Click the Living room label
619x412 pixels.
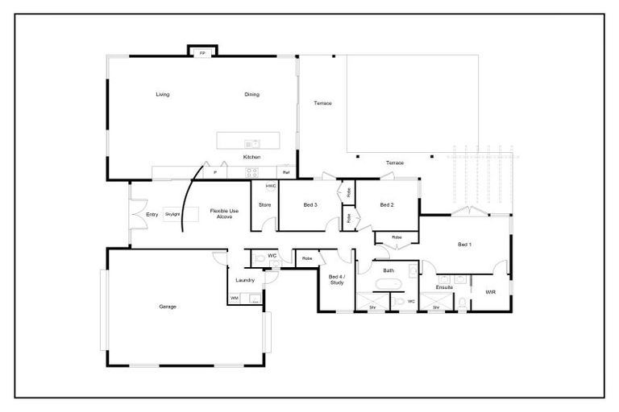(x=163, y=94)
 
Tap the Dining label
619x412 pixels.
(x=252, y=94)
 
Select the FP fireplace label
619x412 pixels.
(x=202, y=53)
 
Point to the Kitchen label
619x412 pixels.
(x=252, y=157)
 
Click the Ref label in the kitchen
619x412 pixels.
(x=285, y=172)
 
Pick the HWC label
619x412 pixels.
(x=271, y=186)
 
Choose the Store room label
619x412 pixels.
(x=264, y=205)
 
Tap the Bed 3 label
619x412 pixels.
(x=310, y=205)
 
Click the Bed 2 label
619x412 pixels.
(x=387, y=205)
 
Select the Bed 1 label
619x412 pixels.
(x=465, y=244)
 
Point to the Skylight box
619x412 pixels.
(x=172, y=214)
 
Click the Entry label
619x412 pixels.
(x=152, y=214)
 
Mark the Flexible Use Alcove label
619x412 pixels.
(x=222, y=213)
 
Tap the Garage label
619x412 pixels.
(x=168, y=306)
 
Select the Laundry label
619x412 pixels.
(x=245, y=280)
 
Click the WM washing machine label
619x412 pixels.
(x=235, y=299)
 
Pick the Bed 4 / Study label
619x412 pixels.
(x=337, y=279)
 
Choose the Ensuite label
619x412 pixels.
(x=444, y=286)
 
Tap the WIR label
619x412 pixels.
(x=490, y=291)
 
